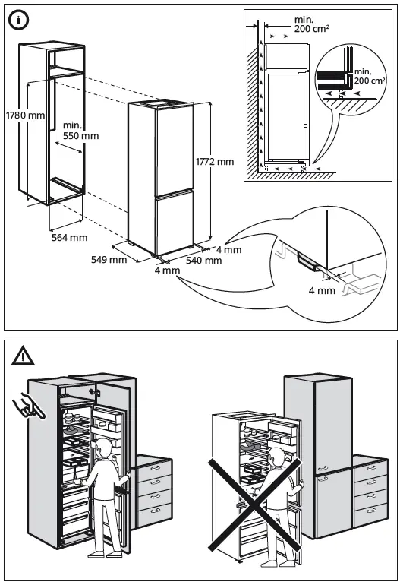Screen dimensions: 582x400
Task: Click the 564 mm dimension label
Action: coord(68,238)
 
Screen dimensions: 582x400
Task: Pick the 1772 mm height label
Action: coord(215,162)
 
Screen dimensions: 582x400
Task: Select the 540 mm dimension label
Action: coord(204,261)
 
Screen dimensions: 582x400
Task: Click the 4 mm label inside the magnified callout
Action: coord(322,290)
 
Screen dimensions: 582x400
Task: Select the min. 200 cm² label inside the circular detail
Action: coord(370,75)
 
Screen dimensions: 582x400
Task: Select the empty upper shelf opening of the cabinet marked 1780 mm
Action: coord(65,59)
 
